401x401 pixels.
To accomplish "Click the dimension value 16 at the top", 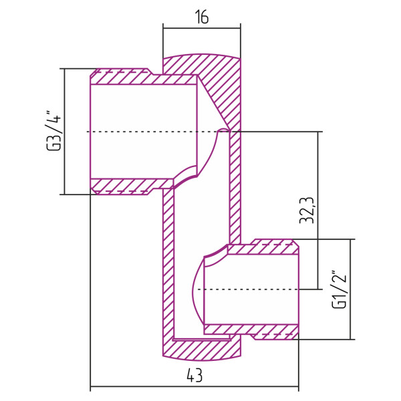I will [x=201, y=17].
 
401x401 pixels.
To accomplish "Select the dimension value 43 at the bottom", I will [x=194, y=377].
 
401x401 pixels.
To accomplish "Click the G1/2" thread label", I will [x=339, y=289].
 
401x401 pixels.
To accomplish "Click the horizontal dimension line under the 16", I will [x=201, y=29].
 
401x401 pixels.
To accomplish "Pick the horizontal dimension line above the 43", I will [x=194, y=386].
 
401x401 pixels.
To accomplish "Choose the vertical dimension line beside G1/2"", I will [x=350, y=289].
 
